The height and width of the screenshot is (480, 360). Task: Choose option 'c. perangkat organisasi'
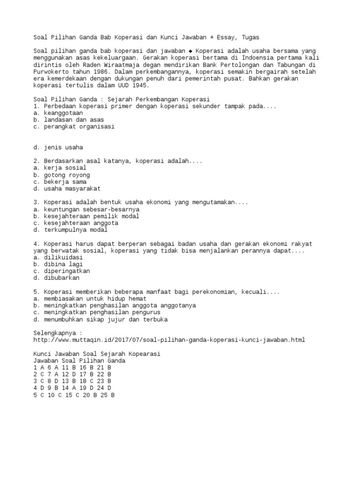[x=74, y=127]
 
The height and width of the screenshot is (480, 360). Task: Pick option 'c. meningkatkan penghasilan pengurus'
[x=97, y=312]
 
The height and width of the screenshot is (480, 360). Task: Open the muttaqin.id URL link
[x=169, y=340]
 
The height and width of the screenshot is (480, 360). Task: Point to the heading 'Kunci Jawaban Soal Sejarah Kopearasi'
[x=97, y=354]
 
